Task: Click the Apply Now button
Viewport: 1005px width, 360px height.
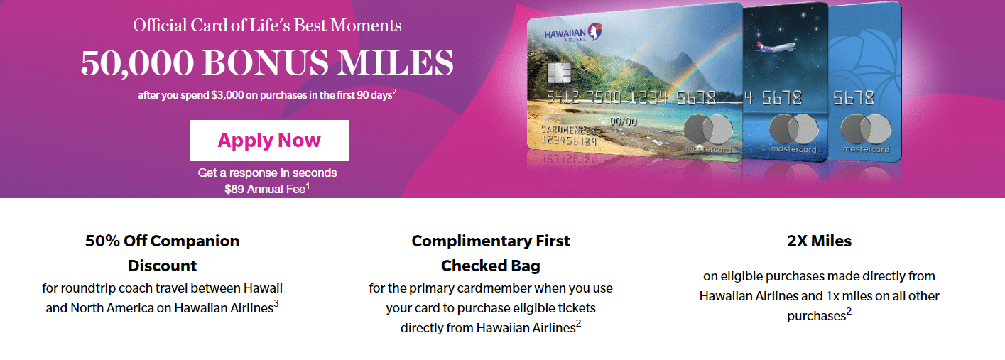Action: (269, 141)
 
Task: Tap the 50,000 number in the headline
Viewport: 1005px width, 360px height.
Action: (137, 63)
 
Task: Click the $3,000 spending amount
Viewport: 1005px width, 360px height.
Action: (227, 95)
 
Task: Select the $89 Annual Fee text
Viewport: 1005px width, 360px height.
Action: (267, 189)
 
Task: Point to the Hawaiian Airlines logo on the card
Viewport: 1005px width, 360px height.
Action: (573, 32)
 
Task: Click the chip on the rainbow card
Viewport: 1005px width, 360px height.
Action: (559, 72)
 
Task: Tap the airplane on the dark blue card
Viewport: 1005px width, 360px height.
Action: (773, 47)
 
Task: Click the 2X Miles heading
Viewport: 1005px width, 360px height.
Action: (819, 241)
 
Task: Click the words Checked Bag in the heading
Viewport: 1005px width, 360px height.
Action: (490, 266)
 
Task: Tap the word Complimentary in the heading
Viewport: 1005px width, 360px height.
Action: (472, 241)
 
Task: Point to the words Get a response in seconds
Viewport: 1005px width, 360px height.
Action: (267, 173)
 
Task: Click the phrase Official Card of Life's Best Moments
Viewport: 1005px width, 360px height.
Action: (267, 25)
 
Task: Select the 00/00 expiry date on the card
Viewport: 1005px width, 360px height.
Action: (622, 121)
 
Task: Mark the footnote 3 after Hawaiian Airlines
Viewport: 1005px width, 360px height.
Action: (276, 303)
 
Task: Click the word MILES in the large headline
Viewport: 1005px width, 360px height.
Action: (396, 63)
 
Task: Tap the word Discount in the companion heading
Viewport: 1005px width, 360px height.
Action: (163, 266)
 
